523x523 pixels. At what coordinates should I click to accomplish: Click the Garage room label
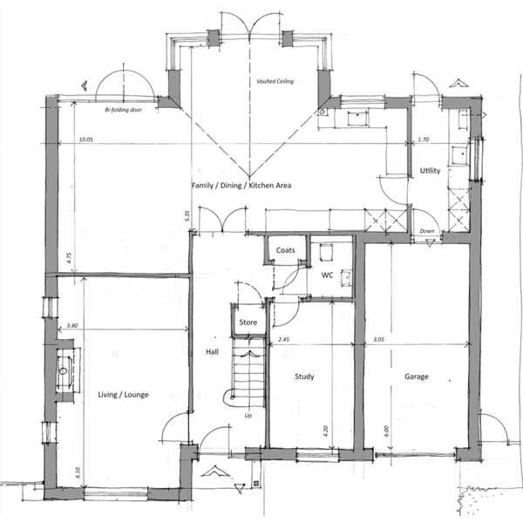[417, 377]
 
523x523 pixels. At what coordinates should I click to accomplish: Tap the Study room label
[304, 377]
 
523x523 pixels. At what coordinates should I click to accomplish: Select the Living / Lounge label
[123, 395]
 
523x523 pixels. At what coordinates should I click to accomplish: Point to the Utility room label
[430, 171]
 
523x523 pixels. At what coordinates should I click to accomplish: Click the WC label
[327, 275]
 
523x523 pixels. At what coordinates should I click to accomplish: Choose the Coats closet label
[286, 250]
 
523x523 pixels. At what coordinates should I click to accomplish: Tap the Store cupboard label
[248, 323]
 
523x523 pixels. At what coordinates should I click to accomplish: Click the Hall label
[212, 351]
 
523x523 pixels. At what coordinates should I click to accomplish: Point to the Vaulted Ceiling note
[275, 81]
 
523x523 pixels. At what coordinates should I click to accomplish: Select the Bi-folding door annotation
[124, 110]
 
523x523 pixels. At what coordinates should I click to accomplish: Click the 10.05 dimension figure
[85, 139]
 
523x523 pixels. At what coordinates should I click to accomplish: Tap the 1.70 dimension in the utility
[424, 139]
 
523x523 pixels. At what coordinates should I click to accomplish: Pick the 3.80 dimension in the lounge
[72, 325]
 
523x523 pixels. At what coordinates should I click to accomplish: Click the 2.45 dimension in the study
[283, 340]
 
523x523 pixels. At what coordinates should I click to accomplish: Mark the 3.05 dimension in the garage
[378, 340]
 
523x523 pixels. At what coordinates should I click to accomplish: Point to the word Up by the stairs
[248, 416]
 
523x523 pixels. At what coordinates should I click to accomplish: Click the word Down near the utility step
[427, 231]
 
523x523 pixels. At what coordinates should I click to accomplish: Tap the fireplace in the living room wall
[65, 370]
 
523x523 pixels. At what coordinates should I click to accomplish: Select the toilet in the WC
[326, 252]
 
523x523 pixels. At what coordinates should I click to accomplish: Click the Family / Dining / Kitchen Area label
[241, 186]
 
